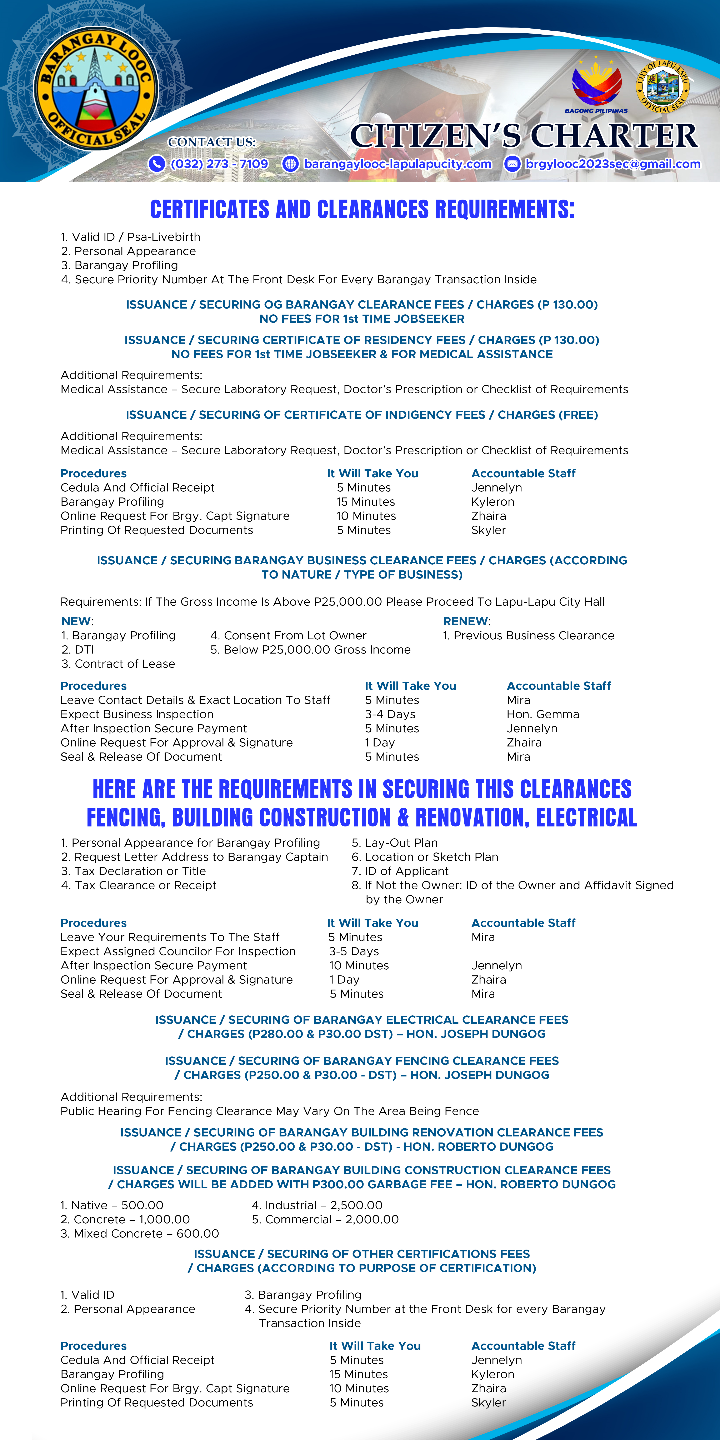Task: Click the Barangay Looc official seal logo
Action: (x=96, y=88)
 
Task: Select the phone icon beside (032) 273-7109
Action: (x=156, y=164)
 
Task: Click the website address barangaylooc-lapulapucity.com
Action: (x=397, y=164)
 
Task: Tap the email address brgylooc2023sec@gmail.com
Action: (x=613, y=164)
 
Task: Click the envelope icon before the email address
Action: (x=512, y=164)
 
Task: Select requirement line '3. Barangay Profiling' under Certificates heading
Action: (x=120, y=265)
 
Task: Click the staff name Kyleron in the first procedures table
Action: (x=492, y=501)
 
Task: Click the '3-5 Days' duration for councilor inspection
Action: (x=354, y=951)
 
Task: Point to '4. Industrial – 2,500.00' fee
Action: (x=317, y=1205)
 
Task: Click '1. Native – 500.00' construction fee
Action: (x=112, y=1205)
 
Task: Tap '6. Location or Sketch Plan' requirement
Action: (x=425, y=856)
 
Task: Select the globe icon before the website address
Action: (x=290, y=164)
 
